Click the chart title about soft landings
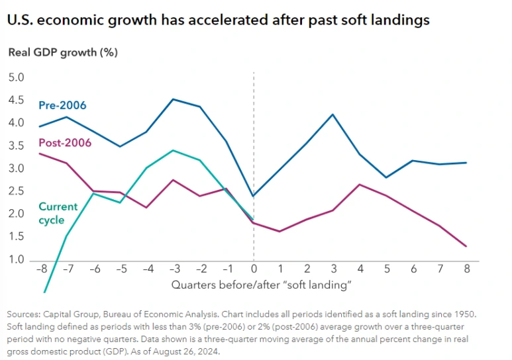219,21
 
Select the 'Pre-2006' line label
62,105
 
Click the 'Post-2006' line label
64,142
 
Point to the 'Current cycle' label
58,213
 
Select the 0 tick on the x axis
254,270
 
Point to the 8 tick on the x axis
468,270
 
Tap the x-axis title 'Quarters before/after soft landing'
261,285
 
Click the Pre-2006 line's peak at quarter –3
173,99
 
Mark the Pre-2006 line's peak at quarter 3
333,114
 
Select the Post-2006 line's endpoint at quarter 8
468,247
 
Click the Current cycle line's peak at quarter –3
173,150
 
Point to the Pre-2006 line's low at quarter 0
254,196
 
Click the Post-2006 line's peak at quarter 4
360,185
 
